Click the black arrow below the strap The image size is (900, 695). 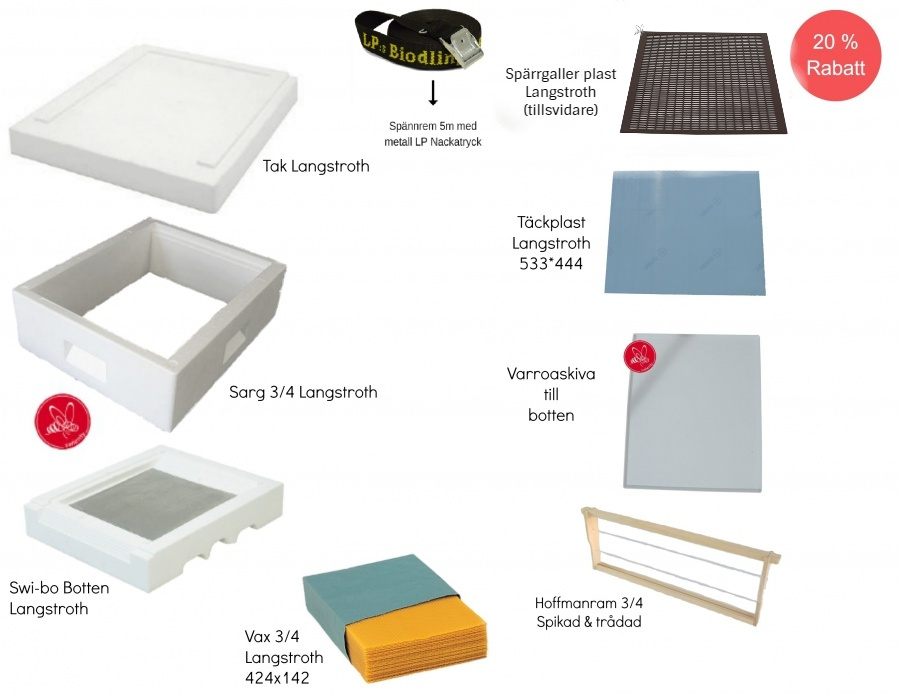pyautogui.click(x=433, y=94)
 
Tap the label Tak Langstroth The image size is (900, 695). pyautogui.click(x=316, y=166)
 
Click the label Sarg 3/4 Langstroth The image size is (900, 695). pyautogui.click(x=303, y=392)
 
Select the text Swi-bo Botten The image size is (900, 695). pyautogui.click(x=59, y=588)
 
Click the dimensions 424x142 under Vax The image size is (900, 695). pyautogui.click(x=276, y=678)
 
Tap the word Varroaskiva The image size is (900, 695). pyautogui.click(x=551, y=374)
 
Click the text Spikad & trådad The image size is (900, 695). pyautogui.click(x=588, y=622)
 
